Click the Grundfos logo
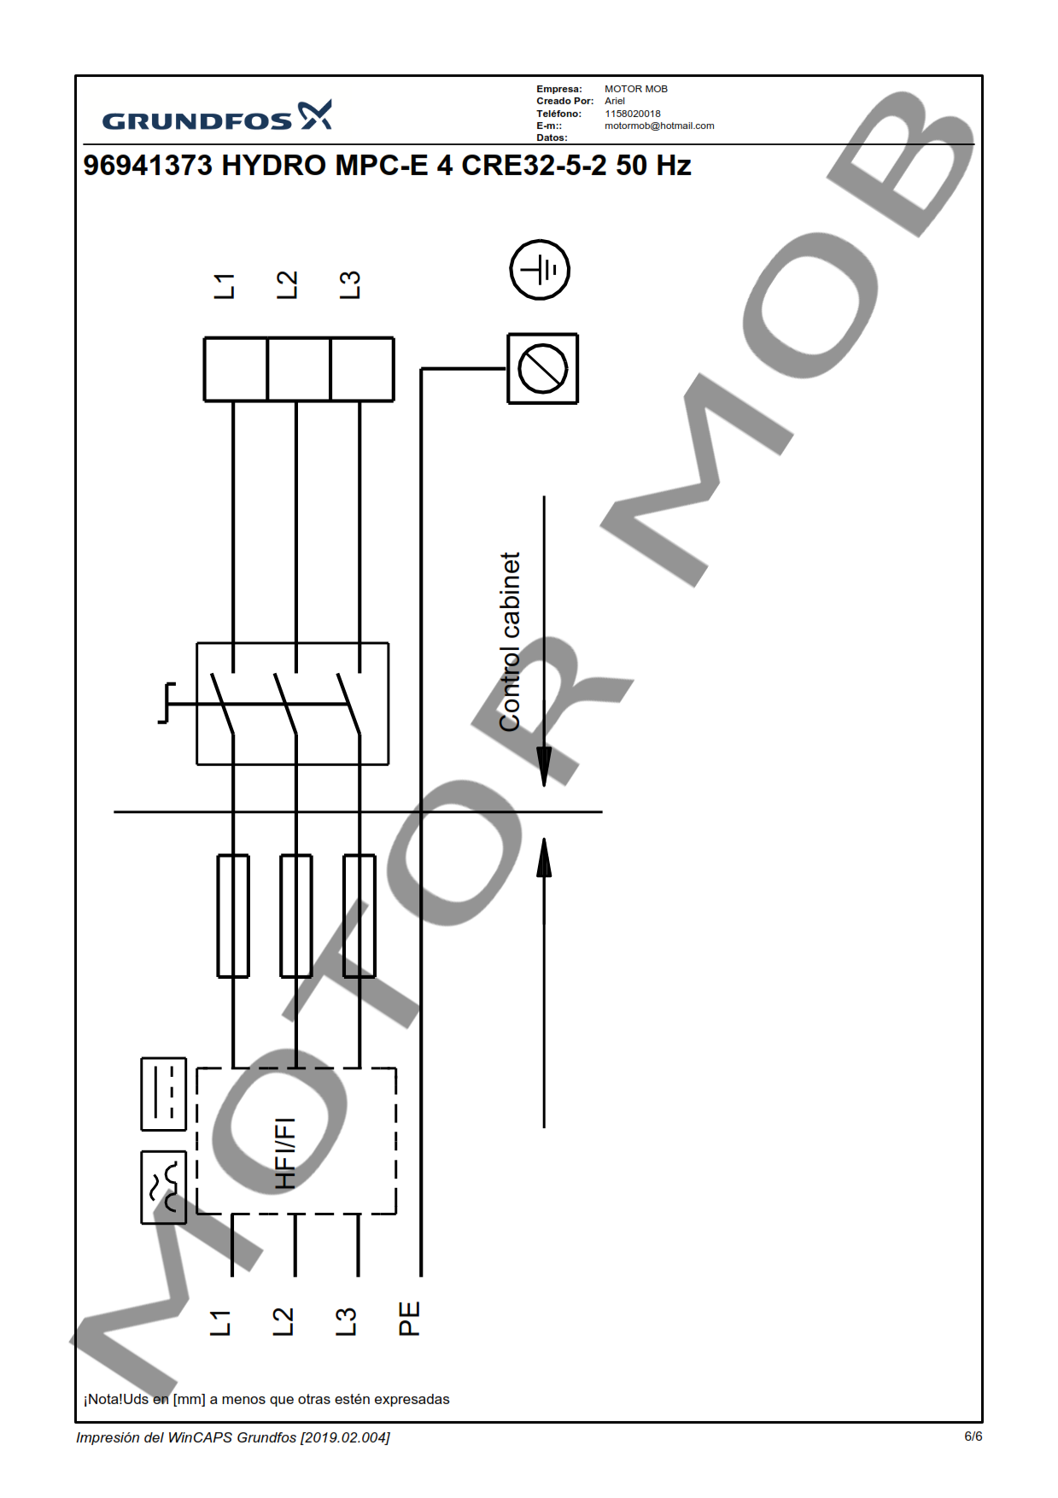pos(217,116)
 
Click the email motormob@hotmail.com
pos(659,126)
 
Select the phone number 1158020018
pos(633,114)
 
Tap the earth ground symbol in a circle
pos(540,270)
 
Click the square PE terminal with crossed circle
pos(543,369)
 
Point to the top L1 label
pos(224,286)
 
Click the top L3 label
pos(350,285)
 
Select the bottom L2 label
pos(283,1321)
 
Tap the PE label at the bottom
pos(409,1319)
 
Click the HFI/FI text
pos(285,1153)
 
